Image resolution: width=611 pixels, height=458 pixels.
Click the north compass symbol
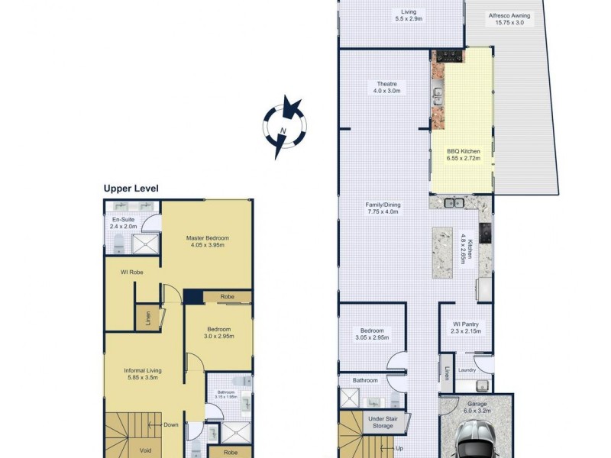pyautogui.click(x=284, y=127)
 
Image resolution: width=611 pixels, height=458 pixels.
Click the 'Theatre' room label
pyautogui.click(x=386, y=87)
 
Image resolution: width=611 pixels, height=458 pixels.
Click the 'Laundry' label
pyautogui.click(x=467, y=370)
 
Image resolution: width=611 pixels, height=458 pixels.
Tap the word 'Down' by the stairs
pyautogui.click(x=171, y=425)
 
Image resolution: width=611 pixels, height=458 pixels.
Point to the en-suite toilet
pyautogui.click(x=119, y=244)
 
